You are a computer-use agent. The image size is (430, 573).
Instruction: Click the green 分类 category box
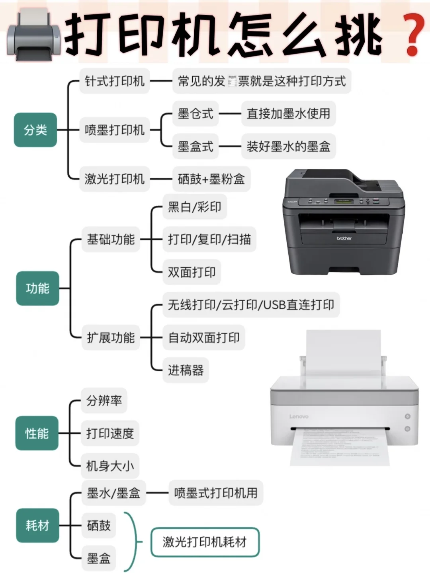[35, 130]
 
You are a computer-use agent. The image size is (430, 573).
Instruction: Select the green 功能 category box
[37, 288]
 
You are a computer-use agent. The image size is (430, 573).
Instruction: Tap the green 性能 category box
[37, 433]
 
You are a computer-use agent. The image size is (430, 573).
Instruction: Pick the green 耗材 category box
[37, 525]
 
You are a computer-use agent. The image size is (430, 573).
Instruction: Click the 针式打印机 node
[114, 81]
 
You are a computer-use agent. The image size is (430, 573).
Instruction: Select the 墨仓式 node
[195, 114]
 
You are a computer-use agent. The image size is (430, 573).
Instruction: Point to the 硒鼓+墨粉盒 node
[211, 179]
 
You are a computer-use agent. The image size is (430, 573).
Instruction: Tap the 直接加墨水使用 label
[288, 114]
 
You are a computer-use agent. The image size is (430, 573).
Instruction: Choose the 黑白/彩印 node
[194, 207]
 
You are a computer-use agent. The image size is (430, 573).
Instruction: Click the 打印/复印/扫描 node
[209, 240]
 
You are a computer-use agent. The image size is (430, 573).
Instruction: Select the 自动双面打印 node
[203, 338]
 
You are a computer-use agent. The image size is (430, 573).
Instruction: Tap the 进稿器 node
[186, 370]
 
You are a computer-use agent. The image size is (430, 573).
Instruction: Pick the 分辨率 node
[104, 400]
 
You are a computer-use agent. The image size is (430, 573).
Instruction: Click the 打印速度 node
[110, 433]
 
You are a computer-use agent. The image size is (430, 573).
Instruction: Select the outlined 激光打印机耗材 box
[205, 542]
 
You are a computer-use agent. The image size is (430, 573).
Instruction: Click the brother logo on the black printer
[344, 238]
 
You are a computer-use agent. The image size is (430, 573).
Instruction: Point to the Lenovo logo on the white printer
[299, 417]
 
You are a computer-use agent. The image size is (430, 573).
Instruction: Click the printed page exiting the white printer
[340, 448]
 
